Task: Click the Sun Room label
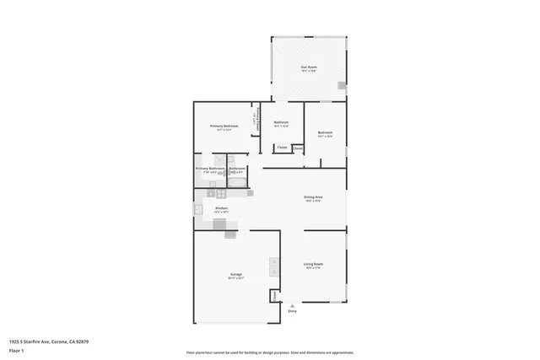click(x=309, y=67)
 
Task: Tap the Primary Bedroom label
click(x=224, y=126)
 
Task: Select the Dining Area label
click(x=314, y=197)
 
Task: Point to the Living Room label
click(x=313, y=265)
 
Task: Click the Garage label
click(x=236, y=275)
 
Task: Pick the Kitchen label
click(x=221, y=208)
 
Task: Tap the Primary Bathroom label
click(x=209, y=169)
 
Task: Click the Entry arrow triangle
click(x=292, y=305)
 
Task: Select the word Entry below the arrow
click(x=292, y=311)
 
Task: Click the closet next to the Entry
click(x=274, y=296)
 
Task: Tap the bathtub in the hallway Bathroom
click(x=238, y=181)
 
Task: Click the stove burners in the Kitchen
click(x=221, y=194)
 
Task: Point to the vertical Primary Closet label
click(x=255, y=122)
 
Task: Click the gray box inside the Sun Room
click(x=341, y=85)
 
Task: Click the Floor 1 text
click(x=17, y=349)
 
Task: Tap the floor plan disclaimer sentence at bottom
click(x=269, y=352)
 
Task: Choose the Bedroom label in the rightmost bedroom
click(x=325, y=132)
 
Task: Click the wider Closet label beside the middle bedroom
click(x=282, y=148)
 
